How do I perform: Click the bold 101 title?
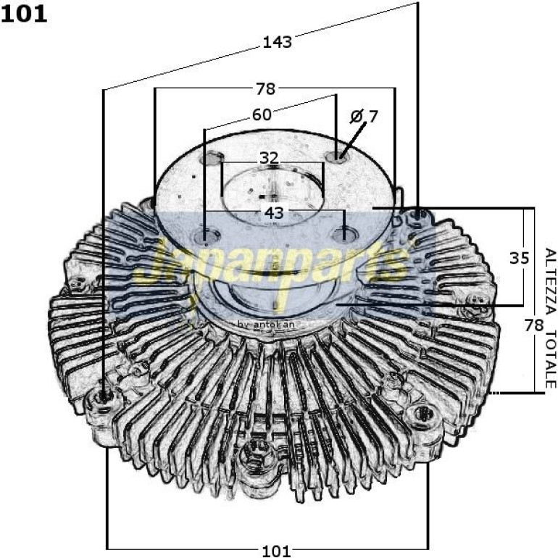click(x=24, y=14)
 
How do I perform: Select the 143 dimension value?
click(x=278, y=42)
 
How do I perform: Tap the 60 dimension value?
click(x=262, y=114)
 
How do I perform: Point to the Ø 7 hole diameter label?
click(x=364, y=117)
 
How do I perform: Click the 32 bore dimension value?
click(x=269, y=158)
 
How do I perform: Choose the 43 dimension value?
click(x=274, y=213)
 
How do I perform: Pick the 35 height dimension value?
click(x=520, y=258)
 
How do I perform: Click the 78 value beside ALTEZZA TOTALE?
click(x=534, y=325)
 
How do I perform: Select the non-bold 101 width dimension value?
click(x=277, y=551)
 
